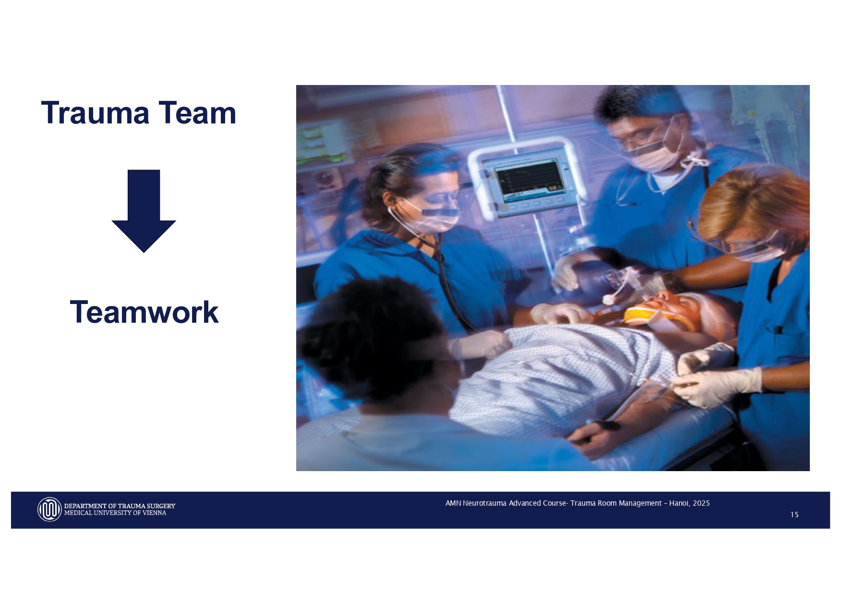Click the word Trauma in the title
point(95,113)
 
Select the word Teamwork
point(144,312)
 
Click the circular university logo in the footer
point(49,509)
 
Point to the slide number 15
point(794,515)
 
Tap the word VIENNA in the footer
point(154,513)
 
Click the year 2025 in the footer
point(701,503)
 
